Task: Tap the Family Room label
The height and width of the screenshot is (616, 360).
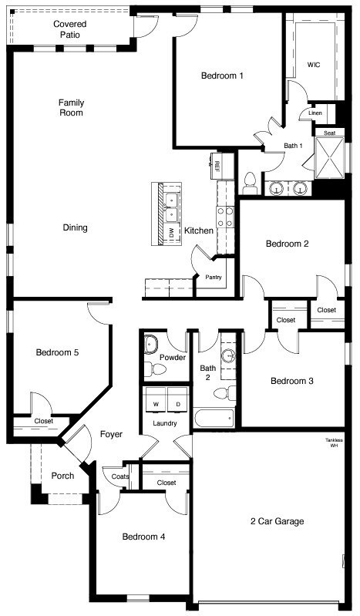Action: click(71, 108)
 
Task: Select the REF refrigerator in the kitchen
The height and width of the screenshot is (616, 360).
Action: click(217, 166)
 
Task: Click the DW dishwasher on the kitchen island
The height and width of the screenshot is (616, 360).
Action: click(171, 233)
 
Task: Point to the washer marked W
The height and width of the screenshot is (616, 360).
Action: click(155, 399)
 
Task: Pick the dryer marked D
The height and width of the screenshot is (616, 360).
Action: click(177, 399)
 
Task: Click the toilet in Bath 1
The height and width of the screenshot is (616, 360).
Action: click(250, 183)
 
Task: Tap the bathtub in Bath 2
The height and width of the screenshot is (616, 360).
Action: click(214, 418)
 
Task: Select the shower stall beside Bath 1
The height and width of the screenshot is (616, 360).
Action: click(330, 156)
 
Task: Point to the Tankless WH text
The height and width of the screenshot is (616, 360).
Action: click(334, 443)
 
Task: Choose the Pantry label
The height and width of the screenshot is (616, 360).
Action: click(214, 277)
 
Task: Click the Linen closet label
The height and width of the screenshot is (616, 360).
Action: click(315, 113)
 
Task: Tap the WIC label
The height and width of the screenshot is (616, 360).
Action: click(314, 65)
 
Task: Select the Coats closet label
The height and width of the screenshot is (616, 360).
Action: click(119, 476)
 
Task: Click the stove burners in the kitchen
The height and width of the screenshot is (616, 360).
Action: click(225, 217)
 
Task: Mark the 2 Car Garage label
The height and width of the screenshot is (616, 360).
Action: click(277, 521)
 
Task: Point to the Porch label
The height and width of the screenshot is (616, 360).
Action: click(62, 476)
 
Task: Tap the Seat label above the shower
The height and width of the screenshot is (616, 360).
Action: click(329, 133)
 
